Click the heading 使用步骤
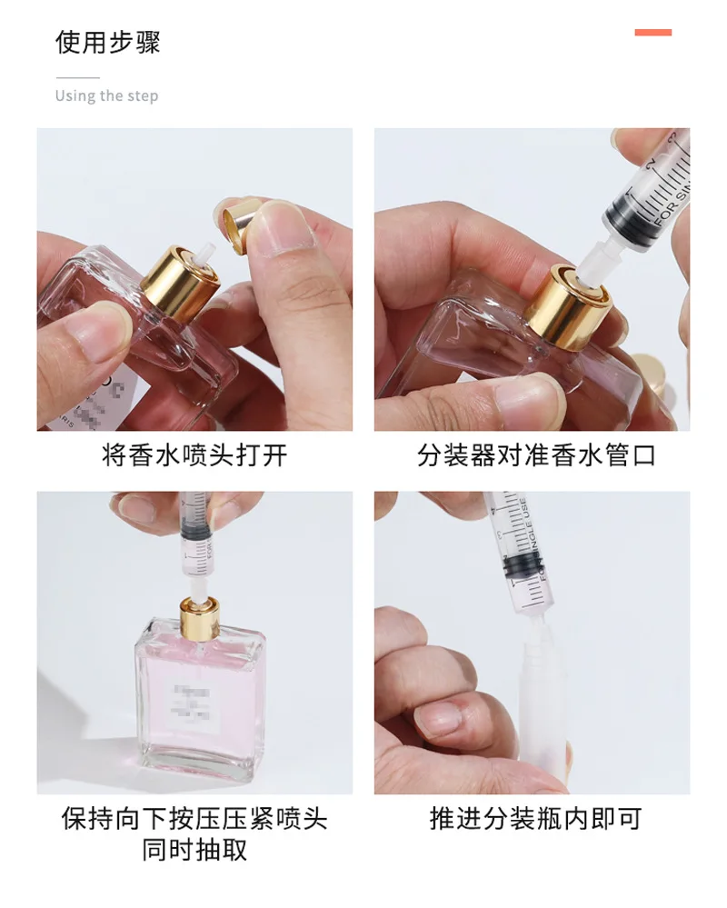(x=107, y=43)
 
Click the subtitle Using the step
(x=106, y=96)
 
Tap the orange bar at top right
(x=652, y=33)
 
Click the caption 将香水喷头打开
(x=194, y=455)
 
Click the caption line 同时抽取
(x=194, y=851)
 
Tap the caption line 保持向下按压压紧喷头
(x=194, y=819)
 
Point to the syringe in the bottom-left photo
(x=194, y=540)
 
